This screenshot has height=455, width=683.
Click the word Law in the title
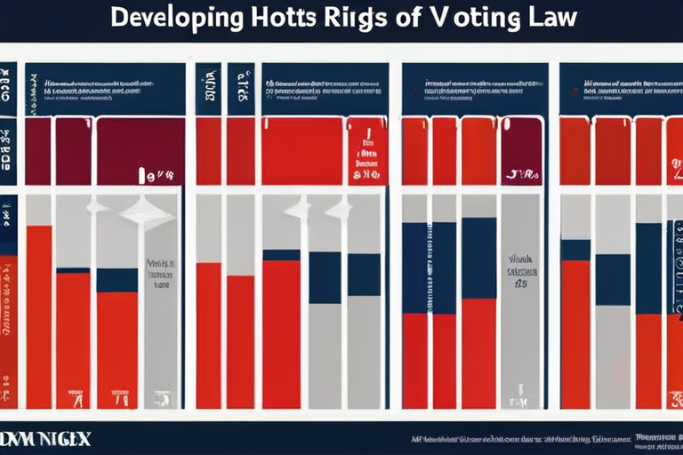[x=549, y=19]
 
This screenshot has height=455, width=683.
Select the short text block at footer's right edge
[x=658, y=438]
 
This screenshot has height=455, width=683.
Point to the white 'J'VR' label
[x=521, y=174]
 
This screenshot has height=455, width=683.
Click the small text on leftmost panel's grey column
[x=160, y=275]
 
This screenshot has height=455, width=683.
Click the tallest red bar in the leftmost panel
[x=39, y=315]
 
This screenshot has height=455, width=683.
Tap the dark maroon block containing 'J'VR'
[x=521, y=151]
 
